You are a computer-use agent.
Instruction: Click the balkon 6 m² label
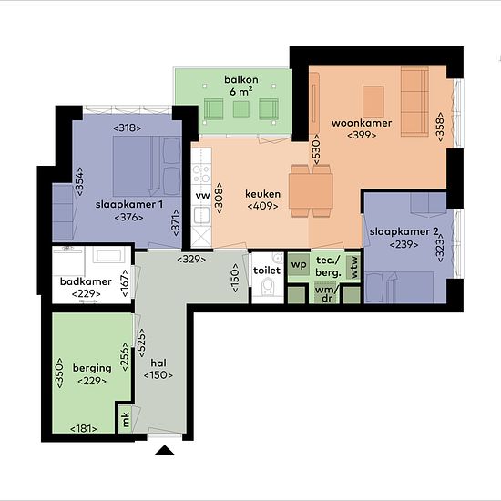(x=241, y=86)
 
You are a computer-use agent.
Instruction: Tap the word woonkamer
(x=362, y=123)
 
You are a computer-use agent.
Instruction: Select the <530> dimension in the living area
(x=316, y=149)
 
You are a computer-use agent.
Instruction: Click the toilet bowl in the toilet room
(x=268, y=286)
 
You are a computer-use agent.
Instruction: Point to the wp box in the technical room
(x=299, y=264)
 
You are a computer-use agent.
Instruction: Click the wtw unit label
(x=353, y=267)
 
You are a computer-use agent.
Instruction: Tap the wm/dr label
(x=326, y=294)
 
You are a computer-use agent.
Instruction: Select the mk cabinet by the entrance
(x=125, y=419)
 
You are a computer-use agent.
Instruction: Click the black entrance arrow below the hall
(x=165, y=450)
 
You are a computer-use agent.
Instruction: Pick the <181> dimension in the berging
(x=84, y=428)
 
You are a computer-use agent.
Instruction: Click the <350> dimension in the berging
(x=59, y=373)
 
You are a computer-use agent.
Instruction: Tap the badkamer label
(x=86, y=281)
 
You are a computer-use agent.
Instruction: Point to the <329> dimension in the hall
(x=191, y=259)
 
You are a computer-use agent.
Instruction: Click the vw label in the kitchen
(x=202, y=195)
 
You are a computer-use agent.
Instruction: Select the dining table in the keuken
(x=311, y=190)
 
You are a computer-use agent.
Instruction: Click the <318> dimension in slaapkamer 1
(x=128, y=128)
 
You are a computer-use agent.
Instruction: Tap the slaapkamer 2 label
(x=404, y=231)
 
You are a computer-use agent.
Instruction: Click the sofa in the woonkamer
(x=414, y=102)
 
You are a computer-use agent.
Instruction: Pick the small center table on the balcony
(x=240, y=109)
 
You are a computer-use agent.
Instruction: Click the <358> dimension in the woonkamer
(x=440, y=127)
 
